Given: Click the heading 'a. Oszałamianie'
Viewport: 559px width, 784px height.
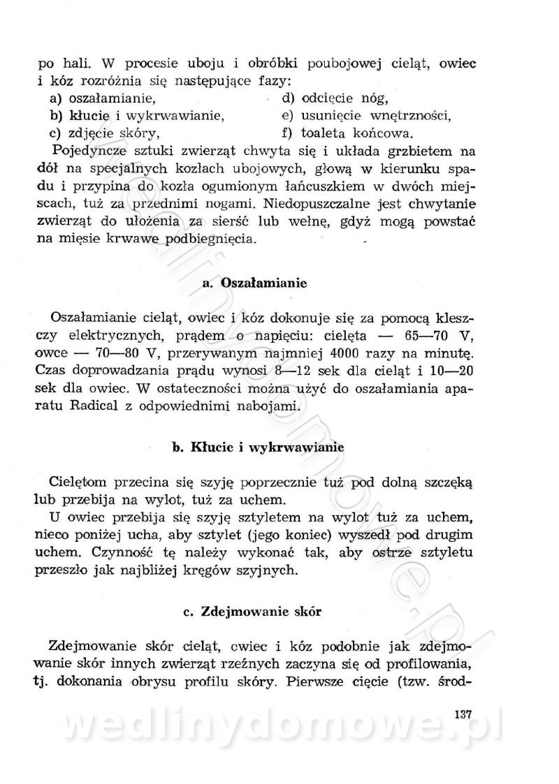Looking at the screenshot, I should click(254, 283).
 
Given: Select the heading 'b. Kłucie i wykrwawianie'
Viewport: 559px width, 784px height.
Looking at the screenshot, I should click(259, 448).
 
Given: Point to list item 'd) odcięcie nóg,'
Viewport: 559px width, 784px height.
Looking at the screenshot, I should click(334, 98).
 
